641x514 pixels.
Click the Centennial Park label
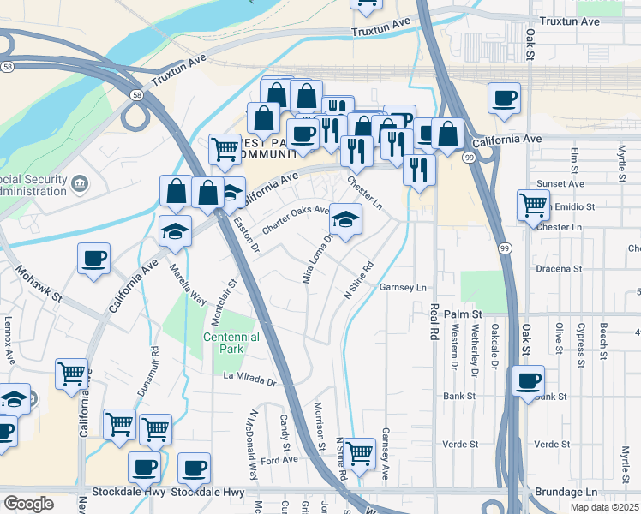pyautogui.click(x=235, y=343)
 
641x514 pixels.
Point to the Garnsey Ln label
pyautogui.click(x=403, y=288)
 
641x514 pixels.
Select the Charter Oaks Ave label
pyautogui.click(x=297, y=219)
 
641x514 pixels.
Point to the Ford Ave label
pyautogui.click(x=279, y=460)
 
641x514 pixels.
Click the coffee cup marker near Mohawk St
pyautogui.click(x=93, y=258)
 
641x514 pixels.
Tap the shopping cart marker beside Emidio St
pyautogui.click(x=533, y=206)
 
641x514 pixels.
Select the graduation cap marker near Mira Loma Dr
pyautogui.click(x=346, y=220)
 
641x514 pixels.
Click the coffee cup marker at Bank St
pyautogui.click(x=529, y=380)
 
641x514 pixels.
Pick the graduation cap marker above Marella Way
pyautogui.click(x=175, y=230)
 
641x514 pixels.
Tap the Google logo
pyautogui.click(x=28, y=503)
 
